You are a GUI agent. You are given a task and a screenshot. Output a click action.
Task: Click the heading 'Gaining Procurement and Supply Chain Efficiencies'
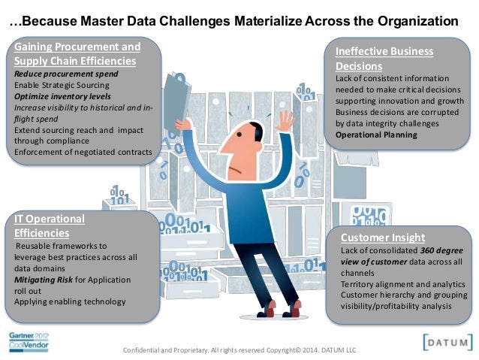tap(76, 53)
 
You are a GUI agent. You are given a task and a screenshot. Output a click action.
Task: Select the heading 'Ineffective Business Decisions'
tap(384, 59)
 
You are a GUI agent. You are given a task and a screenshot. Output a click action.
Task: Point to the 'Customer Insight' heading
tap(383, 237)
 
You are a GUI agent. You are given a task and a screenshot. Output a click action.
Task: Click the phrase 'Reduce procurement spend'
tap(65, 75)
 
